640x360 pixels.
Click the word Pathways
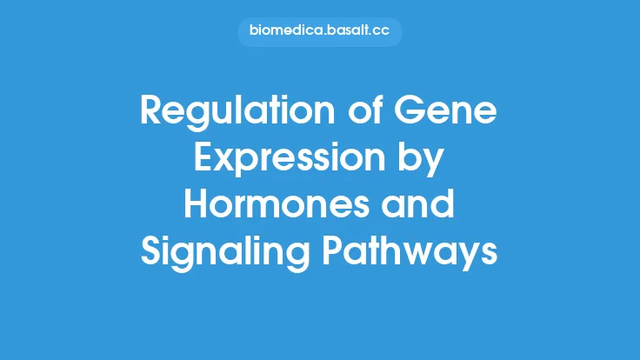click(412, 255)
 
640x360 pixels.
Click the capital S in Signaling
click(151, 255)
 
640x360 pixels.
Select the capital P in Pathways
click(337, 255)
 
